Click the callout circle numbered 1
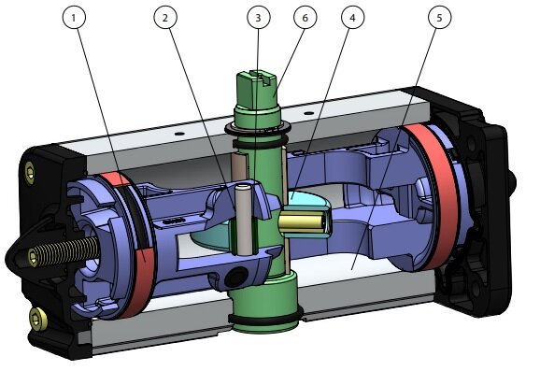(74, 17)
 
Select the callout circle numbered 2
(165, 17)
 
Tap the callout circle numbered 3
(258, 17)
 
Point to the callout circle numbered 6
(306, 17)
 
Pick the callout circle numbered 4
(352, 17)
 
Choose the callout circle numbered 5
(439, 17)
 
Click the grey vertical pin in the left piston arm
(244, 220)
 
